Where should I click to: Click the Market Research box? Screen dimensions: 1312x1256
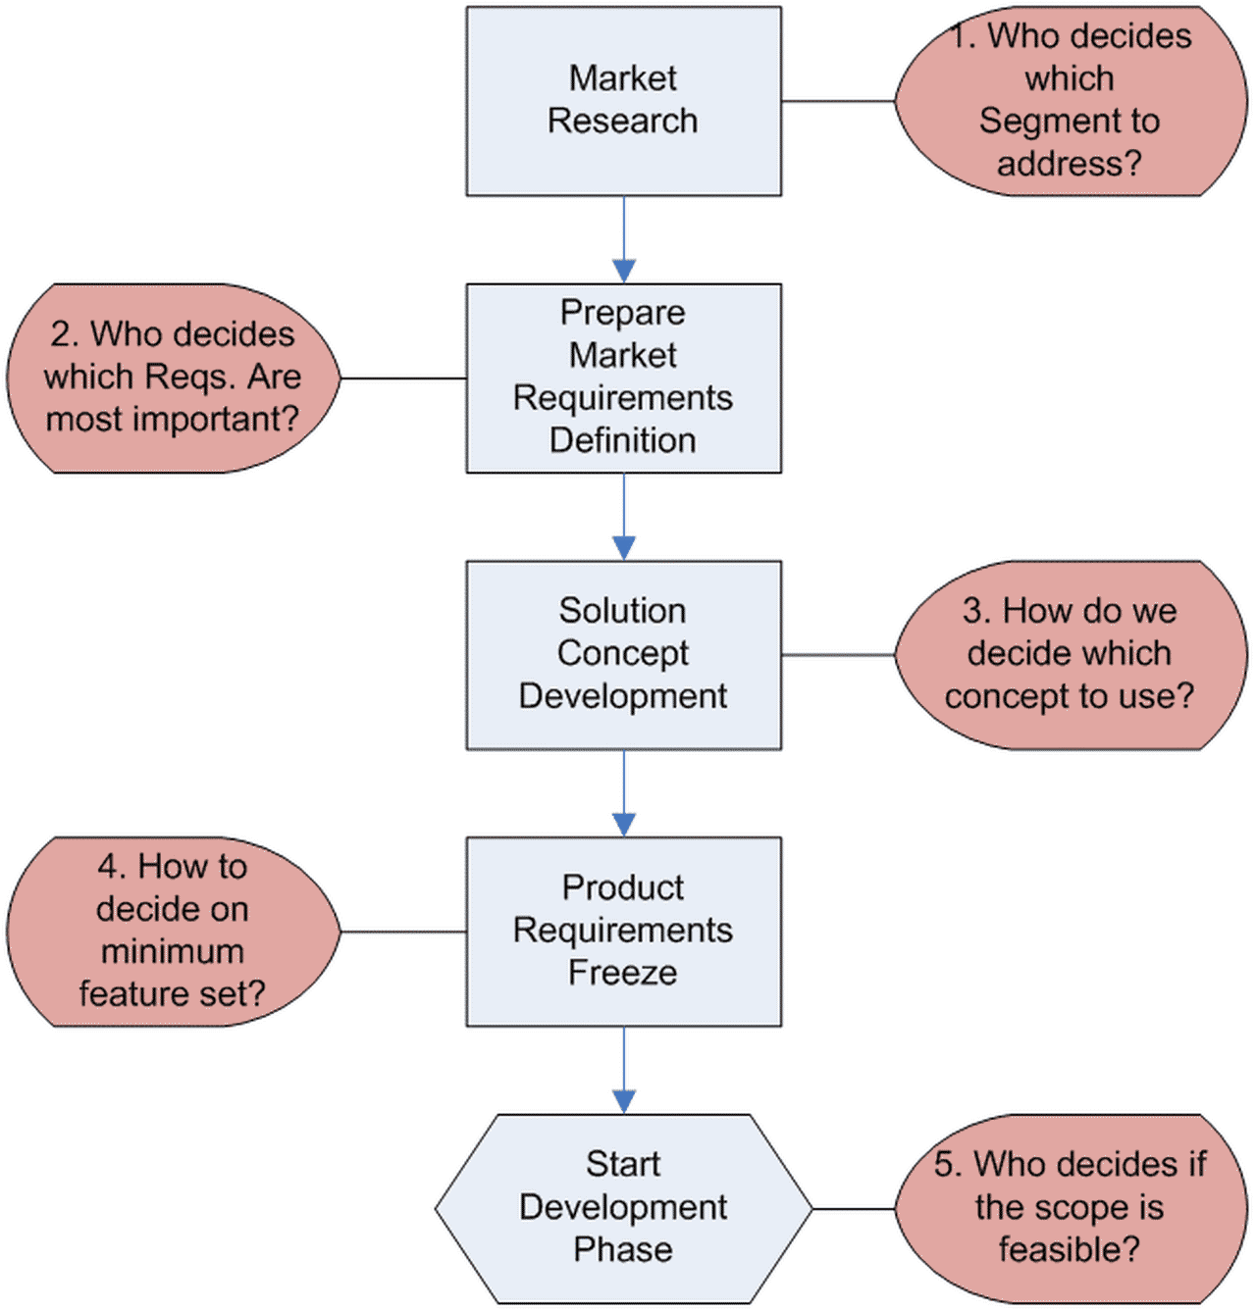623,101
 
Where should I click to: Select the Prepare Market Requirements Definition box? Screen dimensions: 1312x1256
623,378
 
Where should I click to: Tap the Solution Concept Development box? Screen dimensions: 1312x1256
623,654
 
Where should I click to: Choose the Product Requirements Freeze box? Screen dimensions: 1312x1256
623,931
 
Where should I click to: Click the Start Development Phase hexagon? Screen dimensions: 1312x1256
623,1207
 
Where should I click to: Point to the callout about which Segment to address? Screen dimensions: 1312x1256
1070,101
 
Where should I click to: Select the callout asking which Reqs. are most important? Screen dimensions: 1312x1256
173,378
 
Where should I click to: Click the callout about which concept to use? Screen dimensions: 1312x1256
1070,654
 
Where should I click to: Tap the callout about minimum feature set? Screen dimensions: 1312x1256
173,931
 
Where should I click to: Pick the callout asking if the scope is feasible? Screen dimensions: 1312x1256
1070,1207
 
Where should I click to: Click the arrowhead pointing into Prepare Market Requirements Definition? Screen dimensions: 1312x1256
624,271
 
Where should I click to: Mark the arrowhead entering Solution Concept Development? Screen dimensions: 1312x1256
624,548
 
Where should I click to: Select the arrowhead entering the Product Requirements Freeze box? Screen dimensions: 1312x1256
624,825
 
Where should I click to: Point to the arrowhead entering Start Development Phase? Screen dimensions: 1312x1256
624,1101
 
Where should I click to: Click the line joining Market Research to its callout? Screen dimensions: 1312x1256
838,101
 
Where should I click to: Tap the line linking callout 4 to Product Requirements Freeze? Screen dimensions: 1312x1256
402,932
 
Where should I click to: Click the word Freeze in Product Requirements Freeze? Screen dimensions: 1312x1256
623,973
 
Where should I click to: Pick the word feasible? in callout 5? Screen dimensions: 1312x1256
1070,1249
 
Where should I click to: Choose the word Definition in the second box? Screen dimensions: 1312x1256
623,440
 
